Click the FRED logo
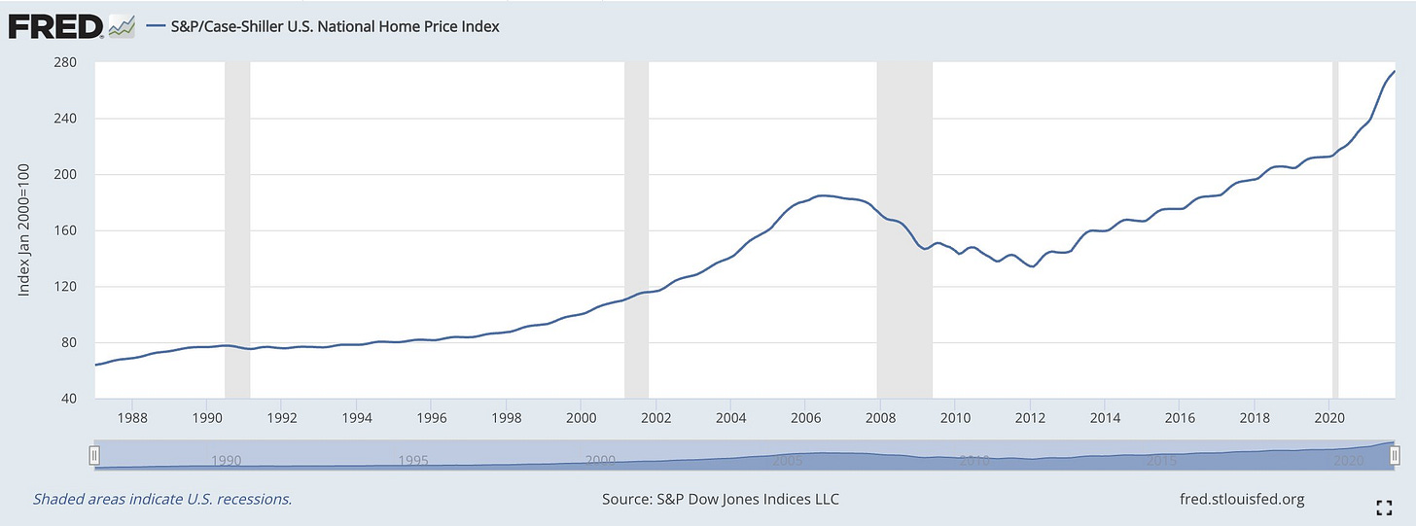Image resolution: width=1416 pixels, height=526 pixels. click(55, 26)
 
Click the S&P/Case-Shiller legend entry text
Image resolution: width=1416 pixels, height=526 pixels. click(334, 27)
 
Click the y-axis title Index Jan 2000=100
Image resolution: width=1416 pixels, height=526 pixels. click(26, 231)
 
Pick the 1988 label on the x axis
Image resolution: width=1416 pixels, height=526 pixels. click(132, 418)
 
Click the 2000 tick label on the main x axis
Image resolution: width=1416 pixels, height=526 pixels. click(581, 418)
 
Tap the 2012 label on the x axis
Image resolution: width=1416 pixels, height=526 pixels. click(1030, 418)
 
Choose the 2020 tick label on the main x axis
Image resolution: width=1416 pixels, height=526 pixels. click(1328, 418)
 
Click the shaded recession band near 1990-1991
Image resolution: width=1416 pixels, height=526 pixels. click(236, 230)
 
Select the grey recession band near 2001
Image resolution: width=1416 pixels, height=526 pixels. click(636, 230)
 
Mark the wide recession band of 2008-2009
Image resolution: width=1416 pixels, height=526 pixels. click(904, 230)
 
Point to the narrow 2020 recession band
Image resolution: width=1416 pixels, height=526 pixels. click(1334, 230)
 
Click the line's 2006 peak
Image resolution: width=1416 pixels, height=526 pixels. click(823, 196)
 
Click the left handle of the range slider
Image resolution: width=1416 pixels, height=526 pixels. click(94, 455)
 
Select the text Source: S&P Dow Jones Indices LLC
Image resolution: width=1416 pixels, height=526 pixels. click(721, 500)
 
